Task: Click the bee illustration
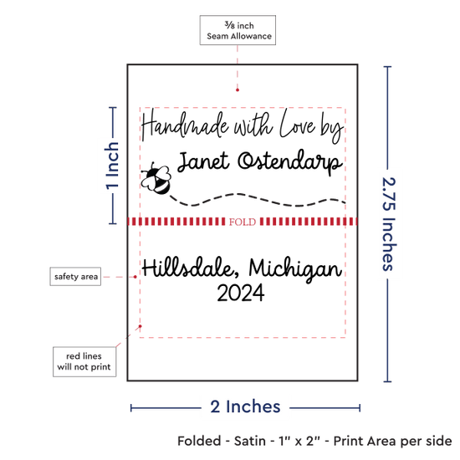click(156, 178)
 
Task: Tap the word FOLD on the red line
click(243, 222)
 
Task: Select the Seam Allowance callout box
click(238, 30)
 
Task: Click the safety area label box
click(75, 276)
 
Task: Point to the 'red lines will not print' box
click(84, 361)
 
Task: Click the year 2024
click(241, 293)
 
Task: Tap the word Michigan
click(295, 269)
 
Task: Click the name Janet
click(203, 161)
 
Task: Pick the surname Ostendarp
click(290, 162)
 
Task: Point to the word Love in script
click(298, 124)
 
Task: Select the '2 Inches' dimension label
click(245, 407)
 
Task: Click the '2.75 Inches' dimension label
click(389, 224)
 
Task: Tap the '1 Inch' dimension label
click(112, 166)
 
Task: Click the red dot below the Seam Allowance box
click(238, 90)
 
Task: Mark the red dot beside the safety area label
click(135, 277)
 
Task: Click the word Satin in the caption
click(250, 442)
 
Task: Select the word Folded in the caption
click(199, 442)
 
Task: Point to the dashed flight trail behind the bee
click(258, 200)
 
